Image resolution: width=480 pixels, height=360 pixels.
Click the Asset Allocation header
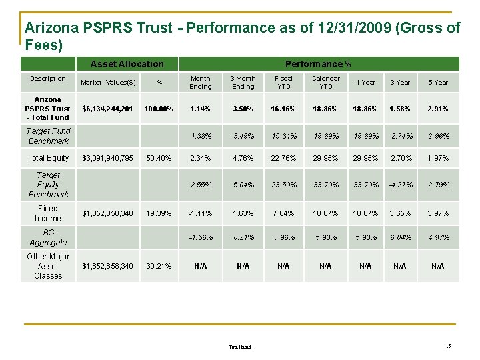click(x=127, y=64)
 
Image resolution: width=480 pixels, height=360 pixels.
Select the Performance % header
click(x=318, y=64)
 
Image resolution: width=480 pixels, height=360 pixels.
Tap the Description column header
click(x=48, y=79)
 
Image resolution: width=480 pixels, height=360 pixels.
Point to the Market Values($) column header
click(x=108, y=83)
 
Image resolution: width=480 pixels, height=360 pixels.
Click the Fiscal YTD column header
click(x=283, y=82)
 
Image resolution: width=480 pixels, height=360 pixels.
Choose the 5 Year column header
click(x=437, y=83)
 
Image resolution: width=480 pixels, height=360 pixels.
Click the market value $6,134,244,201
click(x=107, y=109)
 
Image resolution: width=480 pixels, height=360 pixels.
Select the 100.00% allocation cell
click(x=159, y=109)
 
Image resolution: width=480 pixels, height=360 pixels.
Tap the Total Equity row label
click(x=48, y=158)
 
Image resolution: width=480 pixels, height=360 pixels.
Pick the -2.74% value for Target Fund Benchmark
click(x=399, y=136)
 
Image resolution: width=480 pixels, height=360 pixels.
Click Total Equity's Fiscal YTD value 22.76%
click(x=283, y=158)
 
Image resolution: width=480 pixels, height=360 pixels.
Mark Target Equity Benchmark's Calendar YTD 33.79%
click(x=325, y=185)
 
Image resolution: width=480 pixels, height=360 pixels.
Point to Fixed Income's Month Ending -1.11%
click(x=200, y=213)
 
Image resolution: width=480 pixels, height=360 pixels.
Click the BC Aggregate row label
click(x=48, y=237)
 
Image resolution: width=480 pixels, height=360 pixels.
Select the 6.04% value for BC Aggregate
click(x=399, y=237)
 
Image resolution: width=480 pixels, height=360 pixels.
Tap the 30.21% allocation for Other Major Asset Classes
click(x=159, y=266)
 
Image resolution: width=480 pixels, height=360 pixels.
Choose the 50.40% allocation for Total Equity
click(x=159, y=158)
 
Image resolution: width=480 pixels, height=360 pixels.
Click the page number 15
click(x=449, y=345)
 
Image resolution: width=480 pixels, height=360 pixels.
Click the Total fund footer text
click(x=240, y=347)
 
